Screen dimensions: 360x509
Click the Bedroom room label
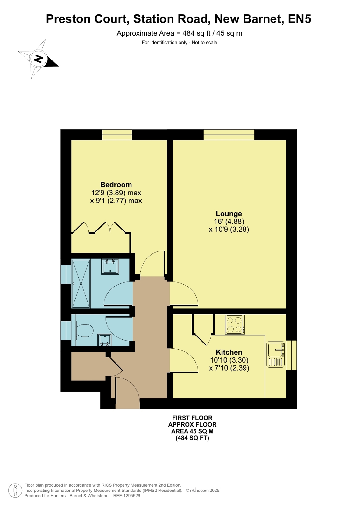[116, 185]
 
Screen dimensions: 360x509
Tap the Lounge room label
[229, 214]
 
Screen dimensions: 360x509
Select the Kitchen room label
[229, 352]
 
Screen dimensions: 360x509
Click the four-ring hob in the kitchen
[235, 324]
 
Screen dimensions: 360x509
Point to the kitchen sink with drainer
[275, 354]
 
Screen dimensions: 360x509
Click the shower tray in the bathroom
[81, 284]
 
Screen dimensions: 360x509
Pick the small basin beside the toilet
[104, 340]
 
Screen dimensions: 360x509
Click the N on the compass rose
[39, 59]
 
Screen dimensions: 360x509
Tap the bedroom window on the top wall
[117, 135]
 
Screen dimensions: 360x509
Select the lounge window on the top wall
[229, 135]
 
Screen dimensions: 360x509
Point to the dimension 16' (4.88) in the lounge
[229, 221]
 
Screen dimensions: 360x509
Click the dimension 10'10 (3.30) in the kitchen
[229, 360]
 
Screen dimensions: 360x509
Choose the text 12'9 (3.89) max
[116, 193]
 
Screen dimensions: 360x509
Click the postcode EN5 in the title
[299, 19]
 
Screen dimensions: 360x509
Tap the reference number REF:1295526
[127, 496]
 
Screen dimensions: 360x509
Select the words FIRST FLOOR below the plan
[192, 418]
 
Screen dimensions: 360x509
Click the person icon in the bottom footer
[15, 490]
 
